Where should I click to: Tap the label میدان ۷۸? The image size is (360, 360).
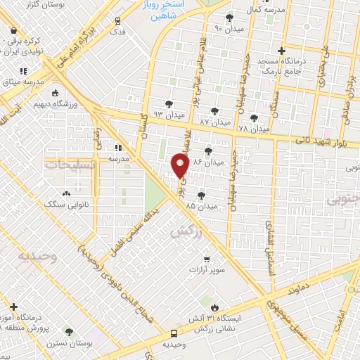pos(253,128)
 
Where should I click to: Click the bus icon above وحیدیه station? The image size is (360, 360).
pos(174,333)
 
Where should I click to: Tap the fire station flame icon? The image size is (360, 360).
pos(214,307)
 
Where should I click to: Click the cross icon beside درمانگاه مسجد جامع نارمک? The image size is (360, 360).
pos(281,51)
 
